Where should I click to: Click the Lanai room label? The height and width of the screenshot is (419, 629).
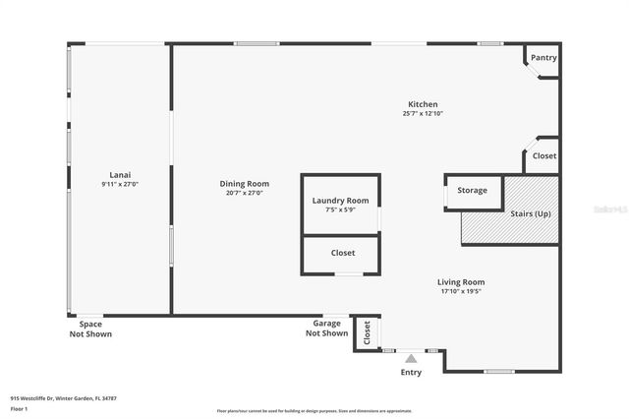click(x=119, y=174)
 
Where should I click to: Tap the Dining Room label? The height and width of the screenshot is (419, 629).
click(x=244, y=184)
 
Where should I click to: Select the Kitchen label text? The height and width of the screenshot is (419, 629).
click(x=423, y=104)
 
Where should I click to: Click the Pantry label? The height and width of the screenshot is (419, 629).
click(x=543, y=58)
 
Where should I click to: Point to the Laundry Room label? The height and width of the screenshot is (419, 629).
click(x=340, y=201)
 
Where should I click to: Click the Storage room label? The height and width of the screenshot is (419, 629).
click(x=472, y=190)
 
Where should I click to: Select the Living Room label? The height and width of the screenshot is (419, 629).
click(x=461, y=282)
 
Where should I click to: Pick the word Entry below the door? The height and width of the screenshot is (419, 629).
click(x=411, y=373)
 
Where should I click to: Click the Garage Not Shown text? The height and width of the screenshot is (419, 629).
click(x=326, y=329)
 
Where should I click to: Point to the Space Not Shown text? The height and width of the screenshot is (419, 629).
click(x=90, y=329)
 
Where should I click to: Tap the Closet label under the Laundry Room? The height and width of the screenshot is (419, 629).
click(x=342, y=253)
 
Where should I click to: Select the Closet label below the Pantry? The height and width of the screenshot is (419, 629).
click(x=543, y=156)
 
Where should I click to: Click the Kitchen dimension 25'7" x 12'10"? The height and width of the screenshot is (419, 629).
click(x=423, y=114)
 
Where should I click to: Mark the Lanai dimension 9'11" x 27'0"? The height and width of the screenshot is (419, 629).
click(x=119, y=184)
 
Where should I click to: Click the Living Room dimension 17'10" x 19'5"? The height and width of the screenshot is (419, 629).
click(x=461, y=292)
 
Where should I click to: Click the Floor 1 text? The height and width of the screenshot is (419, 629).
click(x=19, y=408)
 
